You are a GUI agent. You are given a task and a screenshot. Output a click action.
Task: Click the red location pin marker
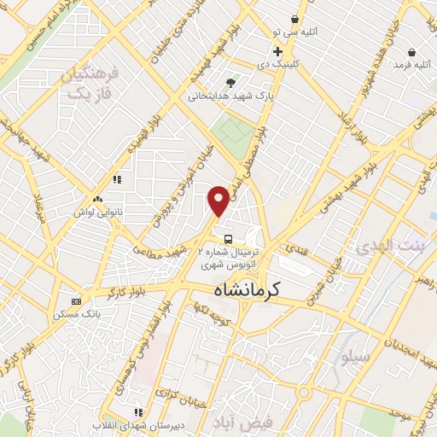[x=219, y=201]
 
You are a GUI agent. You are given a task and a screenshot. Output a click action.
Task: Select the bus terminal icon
[x=228, y=238]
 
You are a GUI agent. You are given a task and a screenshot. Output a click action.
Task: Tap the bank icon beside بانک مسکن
[x=77, y=301]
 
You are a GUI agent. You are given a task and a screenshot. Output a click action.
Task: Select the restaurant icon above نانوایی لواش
[x=118, y=179]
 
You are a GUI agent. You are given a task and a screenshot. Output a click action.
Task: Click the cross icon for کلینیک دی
[x=277, y=51]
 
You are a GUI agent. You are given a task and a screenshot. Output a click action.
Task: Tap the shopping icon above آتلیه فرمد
[x=411, y=51]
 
